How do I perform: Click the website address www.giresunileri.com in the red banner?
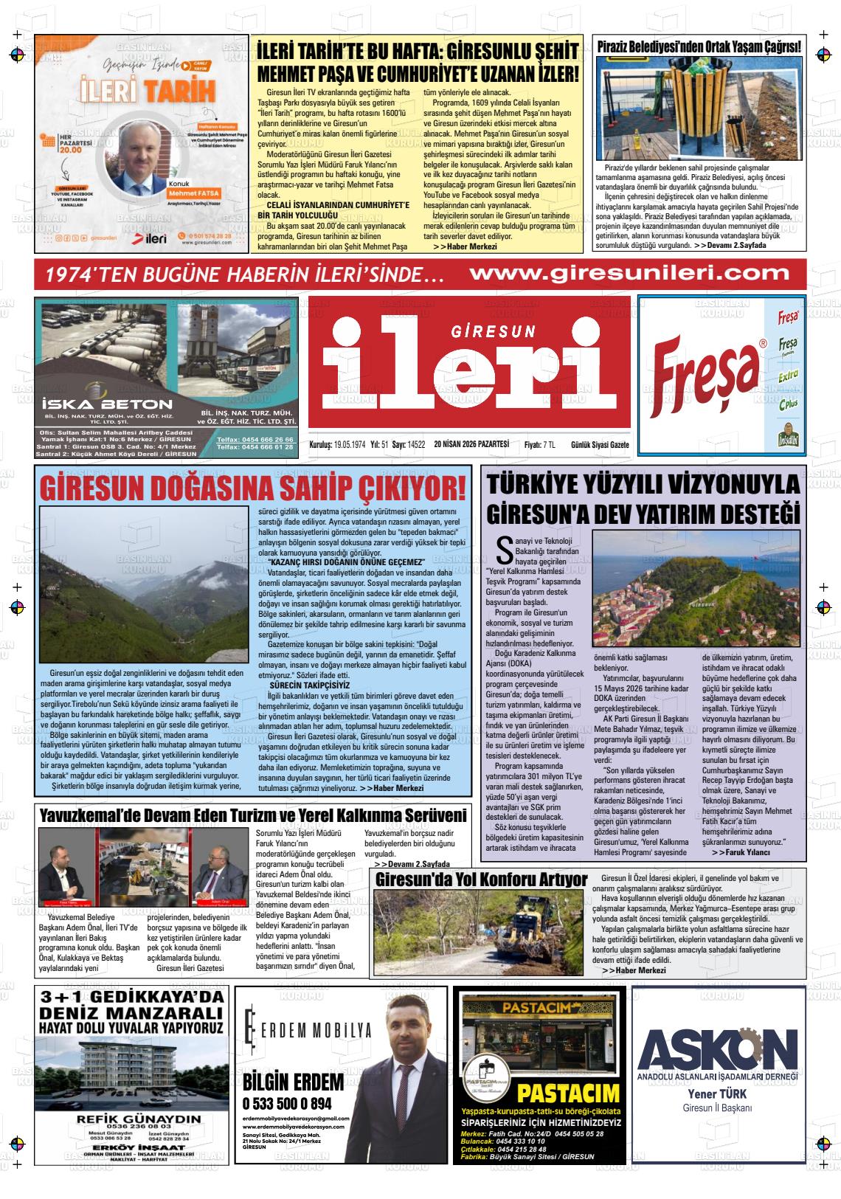(x=629, y=273)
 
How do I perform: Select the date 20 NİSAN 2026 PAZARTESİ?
(x=471, y=444)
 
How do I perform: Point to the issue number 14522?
(x=417, y=445)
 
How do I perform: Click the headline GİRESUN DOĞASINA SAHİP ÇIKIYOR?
(x=253, y=488)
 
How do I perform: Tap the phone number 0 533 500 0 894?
(x=287, y=1105)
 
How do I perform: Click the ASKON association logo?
(x=718, y=1048)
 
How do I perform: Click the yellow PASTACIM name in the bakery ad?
(x=568, y=1093)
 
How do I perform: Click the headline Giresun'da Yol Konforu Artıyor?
(x=481, y=880)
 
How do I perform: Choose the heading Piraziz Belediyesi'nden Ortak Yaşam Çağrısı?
(x=699, y=46)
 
